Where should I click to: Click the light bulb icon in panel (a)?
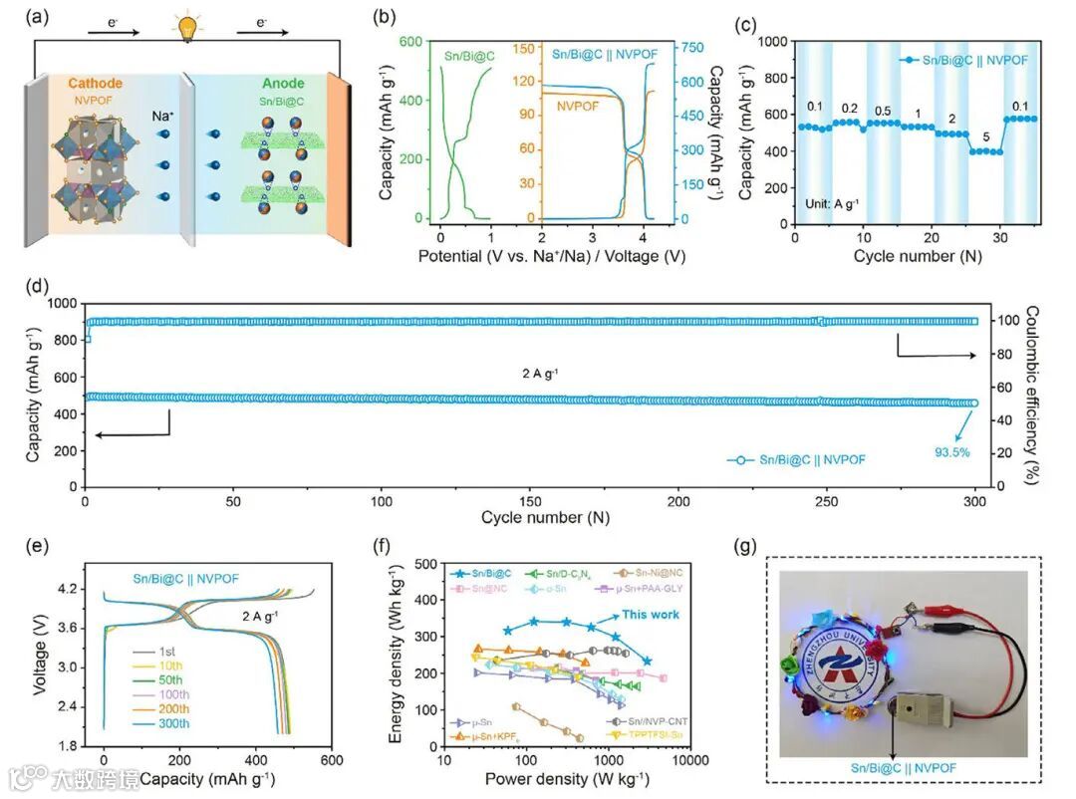(185, 28)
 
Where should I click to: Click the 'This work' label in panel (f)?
(652, 615)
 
